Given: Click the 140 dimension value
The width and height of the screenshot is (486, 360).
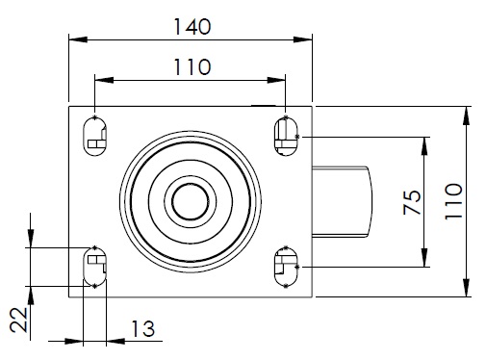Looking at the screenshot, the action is pyautogui.click(x=192, y=27).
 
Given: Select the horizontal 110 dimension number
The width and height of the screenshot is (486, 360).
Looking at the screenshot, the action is pyautogui.click(x=192, y=66).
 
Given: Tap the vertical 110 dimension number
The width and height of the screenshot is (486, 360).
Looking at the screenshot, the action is pyautogui.click(x=453, y=201).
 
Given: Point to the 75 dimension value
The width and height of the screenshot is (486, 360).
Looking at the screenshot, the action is pyautogui.click(x=412, y=202).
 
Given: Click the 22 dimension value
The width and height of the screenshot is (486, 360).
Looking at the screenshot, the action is pyautogui.click(x=18, y=320).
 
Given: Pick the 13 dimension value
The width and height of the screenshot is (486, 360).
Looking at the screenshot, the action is pyautogui.click(x=143, y=328).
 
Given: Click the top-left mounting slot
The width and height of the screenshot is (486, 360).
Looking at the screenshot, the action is pyautogui.click(x=94, y=137).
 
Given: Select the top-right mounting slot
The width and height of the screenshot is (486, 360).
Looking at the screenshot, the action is pyautogui.click(x=286, y=137).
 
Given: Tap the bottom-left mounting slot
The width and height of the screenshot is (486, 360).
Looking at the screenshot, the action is pyautogui.click(x=94, y=267).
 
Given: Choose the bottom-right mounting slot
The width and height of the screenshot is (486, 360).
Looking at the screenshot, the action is pyautogui.click(x=286, y=267).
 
